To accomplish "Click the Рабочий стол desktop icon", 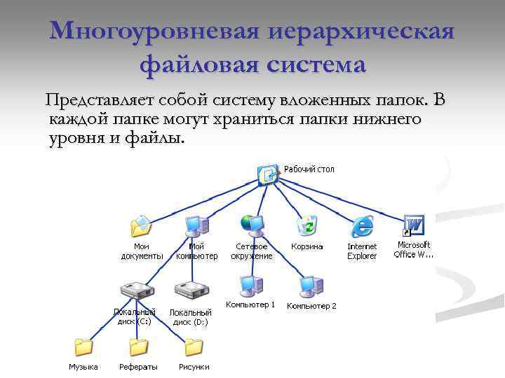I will [268, 174].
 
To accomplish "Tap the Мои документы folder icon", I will [141, 227].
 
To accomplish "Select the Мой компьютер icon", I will [196, 226].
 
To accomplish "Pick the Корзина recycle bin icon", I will [307, 226].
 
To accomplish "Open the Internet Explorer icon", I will [362, 226].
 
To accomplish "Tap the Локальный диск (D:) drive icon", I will [191, 290].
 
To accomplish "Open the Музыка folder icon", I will [83, 347].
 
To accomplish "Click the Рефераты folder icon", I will [138, 347].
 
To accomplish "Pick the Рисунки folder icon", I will [194, 347].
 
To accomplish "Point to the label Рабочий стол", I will [309, 169].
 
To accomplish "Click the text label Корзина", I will [307, 246].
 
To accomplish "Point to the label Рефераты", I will [138, 367].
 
